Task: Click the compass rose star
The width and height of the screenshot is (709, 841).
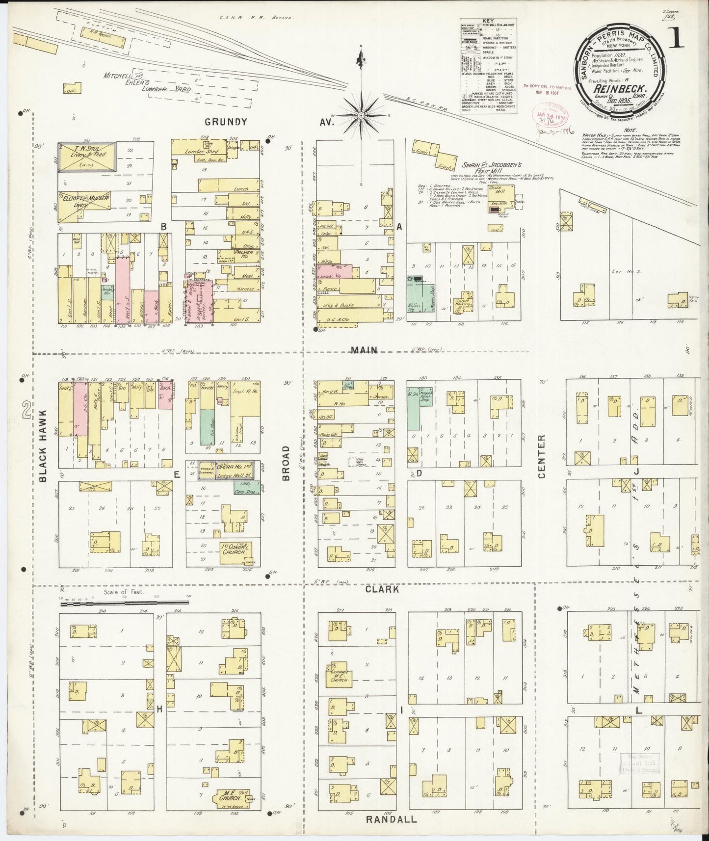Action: tap(361, 115)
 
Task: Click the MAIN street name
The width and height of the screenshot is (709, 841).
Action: tap(364, 350)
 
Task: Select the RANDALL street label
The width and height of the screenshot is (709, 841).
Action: tap(392, 819)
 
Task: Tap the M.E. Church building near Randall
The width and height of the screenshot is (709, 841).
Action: tap(228, 798)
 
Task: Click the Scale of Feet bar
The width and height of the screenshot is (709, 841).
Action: tap(125, 604)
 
